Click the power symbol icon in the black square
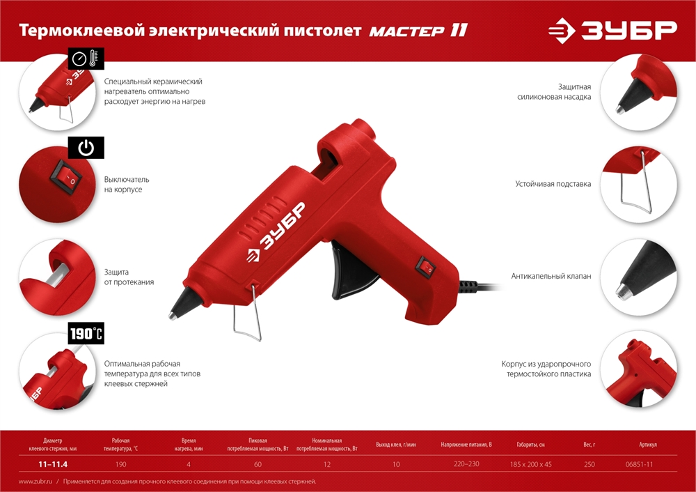pyautogui.click(x=86, y=148)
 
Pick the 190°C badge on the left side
pyautogui.click(x=86, y=334)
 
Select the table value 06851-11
pyautogui.click(x=643, y=464)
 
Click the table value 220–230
pyautogui.click(x=466, y=464)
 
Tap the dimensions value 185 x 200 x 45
pyautogui.click(x=530, y=464)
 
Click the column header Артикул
pyautogui.click(x=647, y=445)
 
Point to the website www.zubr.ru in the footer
pyautogui.click(x=35, y=482)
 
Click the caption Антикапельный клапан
pyautogui.click(x=551, y=276)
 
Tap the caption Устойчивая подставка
pyautogui.click(x=553, y=184)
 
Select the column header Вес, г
pyautogui.click(x=590, y=445)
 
